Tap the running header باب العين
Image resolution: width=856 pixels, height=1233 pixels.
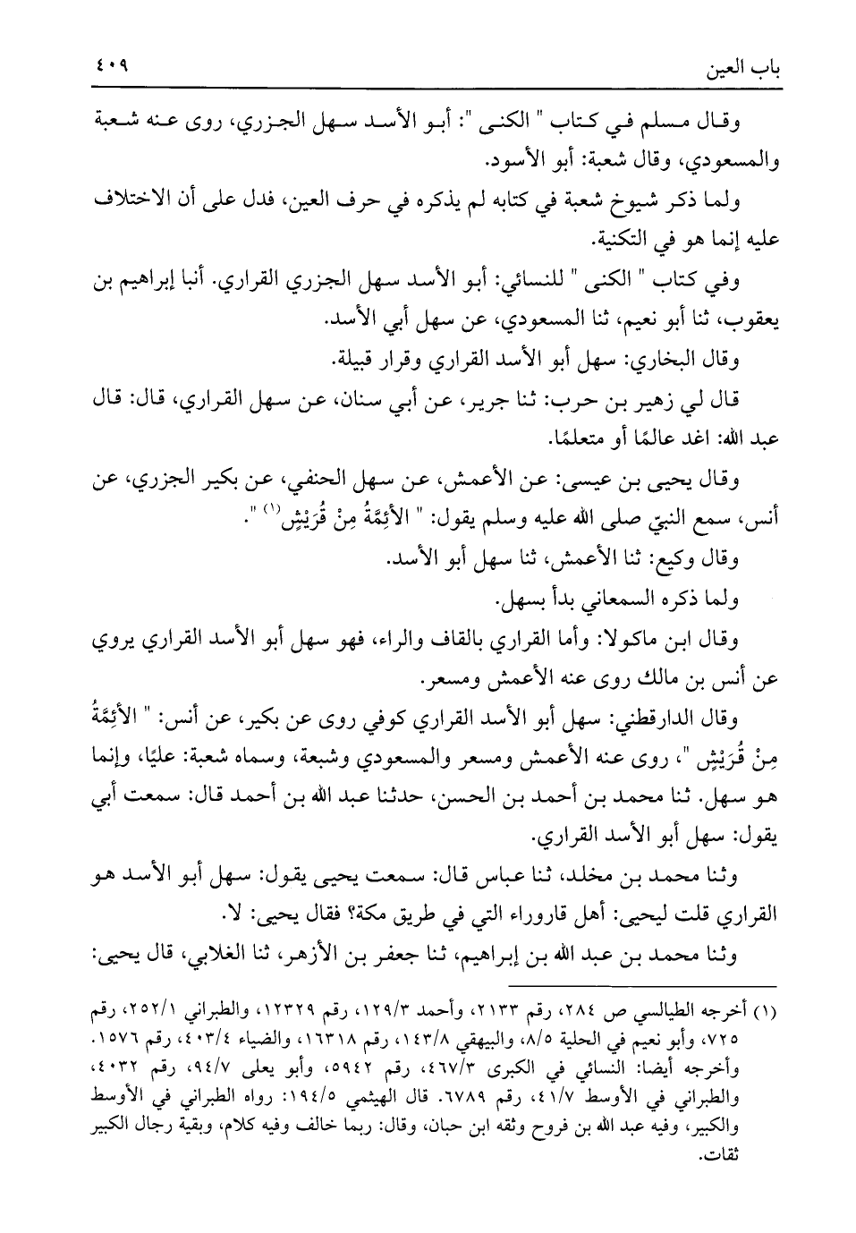(740, 69)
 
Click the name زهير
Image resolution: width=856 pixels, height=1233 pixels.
(656, 402)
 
